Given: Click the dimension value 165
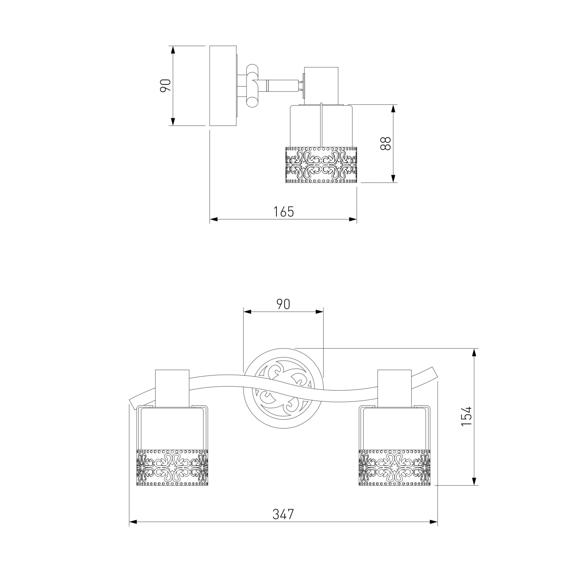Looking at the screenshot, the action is (283, 212).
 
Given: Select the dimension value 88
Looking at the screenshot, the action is (385, 143).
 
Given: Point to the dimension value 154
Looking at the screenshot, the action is (466, 420).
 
